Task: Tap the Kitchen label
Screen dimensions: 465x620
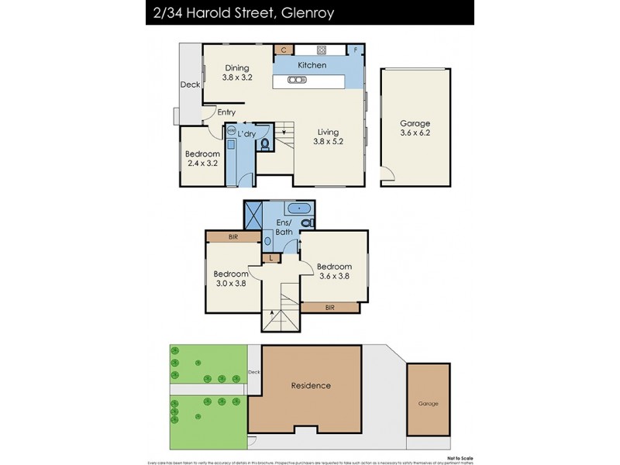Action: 310,66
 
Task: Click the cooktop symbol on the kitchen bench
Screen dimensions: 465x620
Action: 319,50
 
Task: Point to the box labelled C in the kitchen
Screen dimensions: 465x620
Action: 284,50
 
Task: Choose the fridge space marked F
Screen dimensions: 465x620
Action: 355,50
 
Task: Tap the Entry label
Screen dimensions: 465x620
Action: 226,112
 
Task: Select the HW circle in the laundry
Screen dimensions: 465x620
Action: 230,131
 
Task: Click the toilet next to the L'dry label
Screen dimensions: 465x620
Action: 265,143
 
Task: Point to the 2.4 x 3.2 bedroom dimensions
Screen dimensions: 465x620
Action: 202,164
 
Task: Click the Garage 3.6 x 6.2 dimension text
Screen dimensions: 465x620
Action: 415,134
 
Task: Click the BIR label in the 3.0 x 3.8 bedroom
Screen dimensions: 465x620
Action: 232,237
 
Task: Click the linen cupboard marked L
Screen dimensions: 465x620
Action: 270,257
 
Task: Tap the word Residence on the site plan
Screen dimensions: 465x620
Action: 311,385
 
